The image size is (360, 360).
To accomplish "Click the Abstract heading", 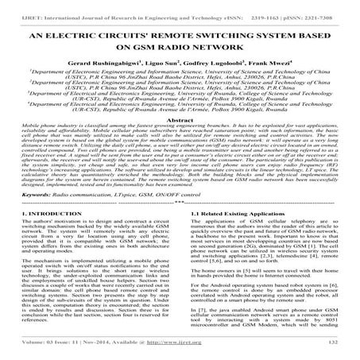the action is [180, 140].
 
